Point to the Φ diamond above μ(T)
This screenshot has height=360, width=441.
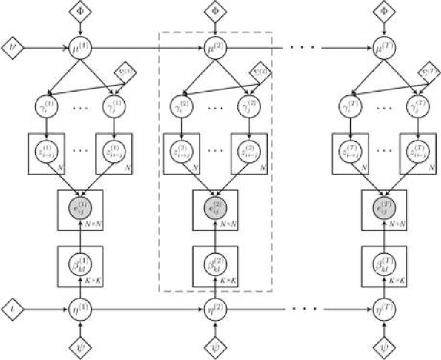click(383, 11)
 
